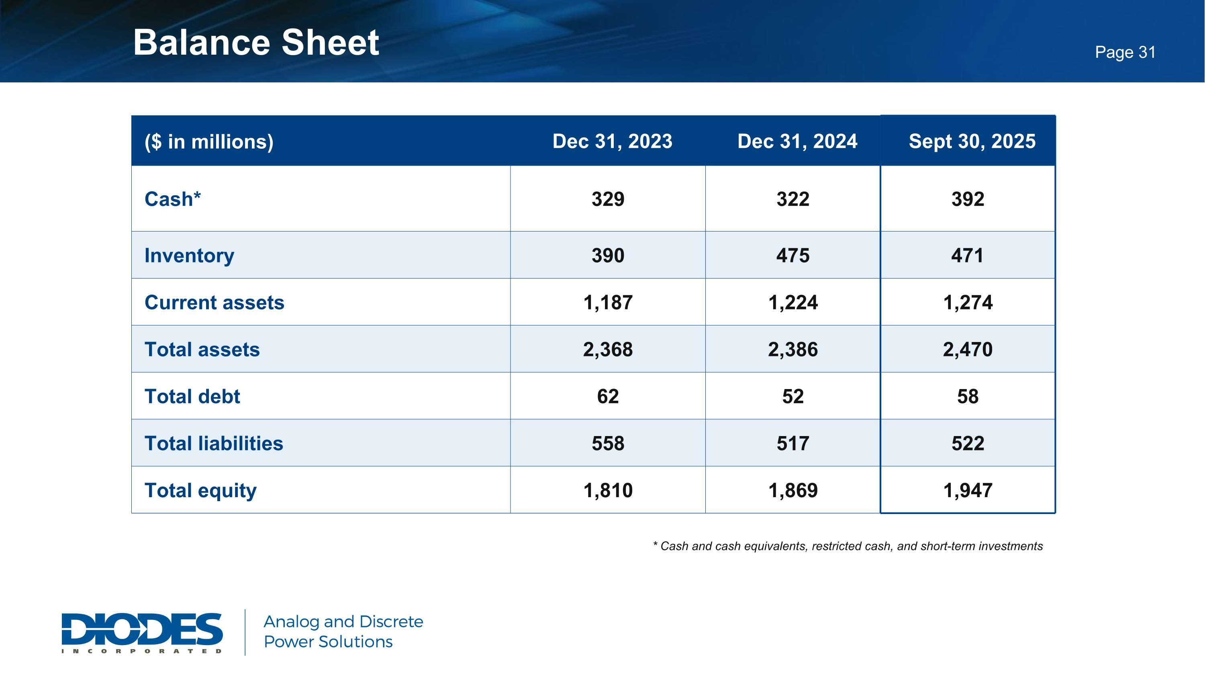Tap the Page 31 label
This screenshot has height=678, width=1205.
(1125, 52)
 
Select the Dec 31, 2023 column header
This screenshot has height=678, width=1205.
(612, 141)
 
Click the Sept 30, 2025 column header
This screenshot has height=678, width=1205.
(972, 141)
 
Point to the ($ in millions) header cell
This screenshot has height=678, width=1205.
(209, 142)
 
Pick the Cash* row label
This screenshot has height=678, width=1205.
(173, 199)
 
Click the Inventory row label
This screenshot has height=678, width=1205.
(190, 256)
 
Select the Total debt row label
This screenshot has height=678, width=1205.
(192, 396)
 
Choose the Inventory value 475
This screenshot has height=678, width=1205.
(793, 256)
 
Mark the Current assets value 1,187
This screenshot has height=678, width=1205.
(608, 303)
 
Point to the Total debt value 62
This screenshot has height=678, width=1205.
(608, 396)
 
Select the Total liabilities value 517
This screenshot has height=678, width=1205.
(793, 444)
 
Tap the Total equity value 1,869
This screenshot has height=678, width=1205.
(793, 490)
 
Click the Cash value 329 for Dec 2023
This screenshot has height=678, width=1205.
(608, 199)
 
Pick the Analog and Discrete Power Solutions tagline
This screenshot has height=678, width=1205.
(343, 632)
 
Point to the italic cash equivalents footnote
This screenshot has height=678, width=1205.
(848, 546)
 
